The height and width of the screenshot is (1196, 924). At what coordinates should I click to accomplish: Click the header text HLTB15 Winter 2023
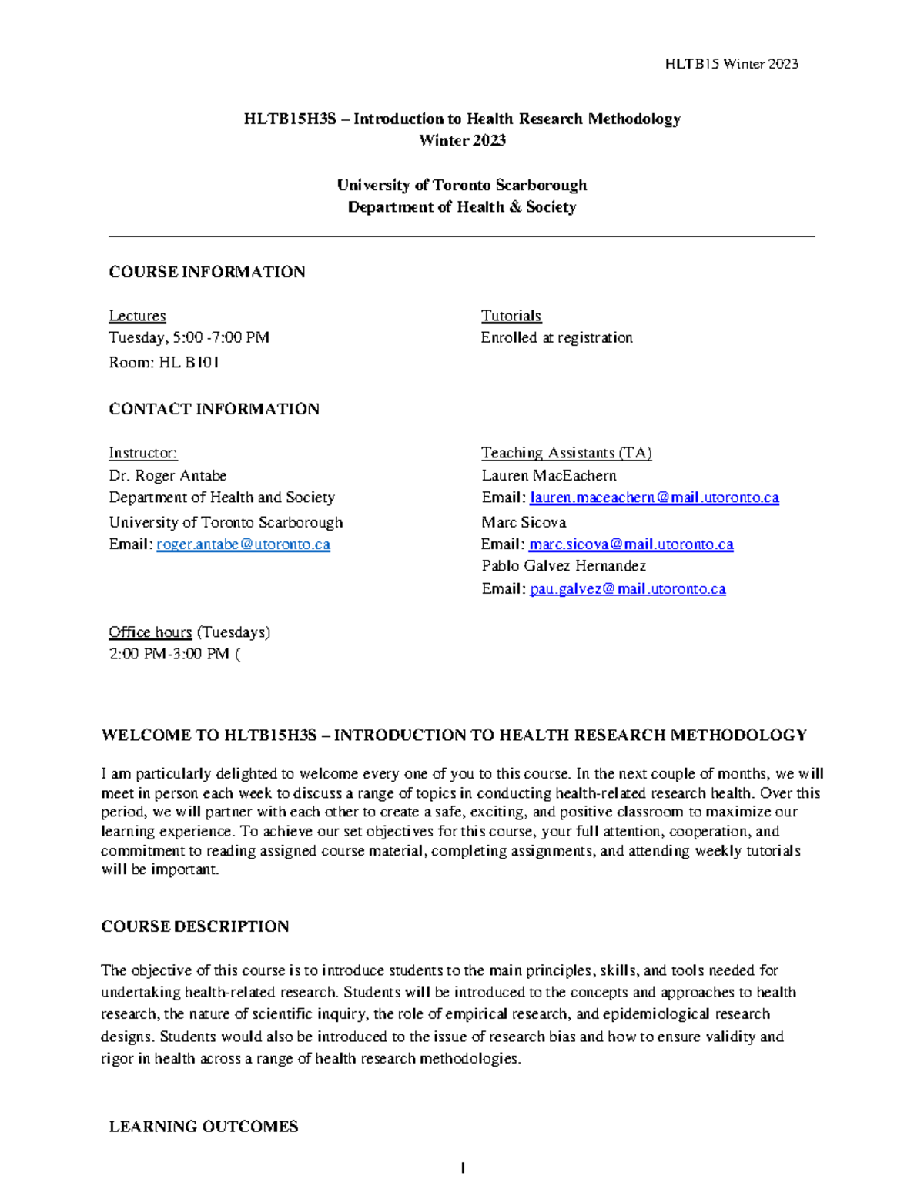tap(731, 64)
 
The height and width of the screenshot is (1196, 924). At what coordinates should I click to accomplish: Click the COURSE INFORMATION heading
tap(206, 272)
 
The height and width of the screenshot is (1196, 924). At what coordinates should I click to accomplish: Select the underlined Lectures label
tap(137, 316)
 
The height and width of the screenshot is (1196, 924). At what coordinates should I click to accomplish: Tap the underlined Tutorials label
tap(511, 316)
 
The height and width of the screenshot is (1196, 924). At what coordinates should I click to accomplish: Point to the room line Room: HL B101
tap(163, 362)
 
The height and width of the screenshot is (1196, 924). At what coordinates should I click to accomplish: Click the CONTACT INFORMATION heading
tap(213, 409)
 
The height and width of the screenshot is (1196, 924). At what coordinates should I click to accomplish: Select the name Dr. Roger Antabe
tap(167, 475)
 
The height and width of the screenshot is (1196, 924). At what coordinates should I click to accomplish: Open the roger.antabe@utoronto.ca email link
tap(243, 544)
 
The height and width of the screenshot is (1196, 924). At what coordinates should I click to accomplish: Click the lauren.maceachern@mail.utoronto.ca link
tap(654, 497)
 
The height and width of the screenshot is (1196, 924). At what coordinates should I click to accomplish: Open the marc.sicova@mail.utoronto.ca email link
tap(631, 544)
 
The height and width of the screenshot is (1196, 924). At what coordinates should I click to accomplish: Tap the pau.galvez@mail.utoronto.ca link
tap(627, 589)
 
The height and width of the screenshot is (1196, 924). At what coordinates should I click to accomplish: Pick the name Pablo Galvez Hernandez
tap(563, 566)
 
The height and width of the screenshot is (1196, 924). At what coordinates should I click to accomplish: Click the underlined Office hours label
tap(150, 632)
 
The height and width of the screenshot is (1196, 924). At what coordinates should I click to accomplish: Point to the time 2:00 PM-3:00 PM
tap(169, 654)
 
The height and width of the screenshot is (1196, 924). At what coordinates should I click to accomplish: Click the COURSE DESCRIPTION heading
tap(195, 926)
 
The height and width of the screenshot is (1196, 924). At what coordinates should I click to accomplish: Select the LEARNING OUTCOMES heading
tap(203, 1127)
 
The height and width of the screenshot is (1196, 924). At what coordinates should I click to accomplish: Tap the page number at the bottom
tap(462, 1168)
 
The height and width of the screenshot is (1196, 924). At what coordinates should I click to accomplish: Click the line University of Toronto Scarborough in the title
tap(461, 185)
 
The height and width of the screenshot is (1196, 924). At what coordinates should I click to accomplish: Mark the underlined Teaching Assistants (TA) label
tap(566, 453)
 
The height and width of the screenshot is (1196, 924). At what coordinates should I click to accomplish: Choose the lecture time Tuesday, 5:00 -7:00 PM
tap(189, 337)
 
